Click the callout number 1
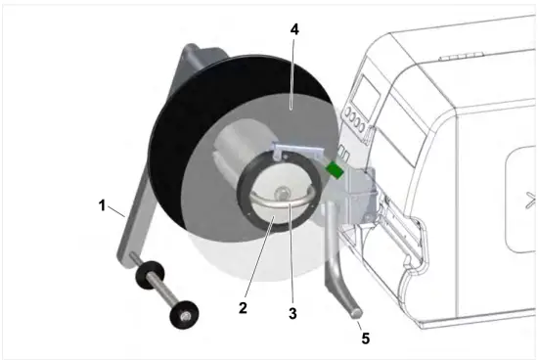[x=101, y=206]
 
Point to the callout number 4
[x=293, y=28]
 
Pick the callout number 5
[x=365, y=338]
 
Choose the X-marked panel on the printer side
[x=524, y=200]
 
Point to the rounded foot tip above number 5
[x=353, y=311]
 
